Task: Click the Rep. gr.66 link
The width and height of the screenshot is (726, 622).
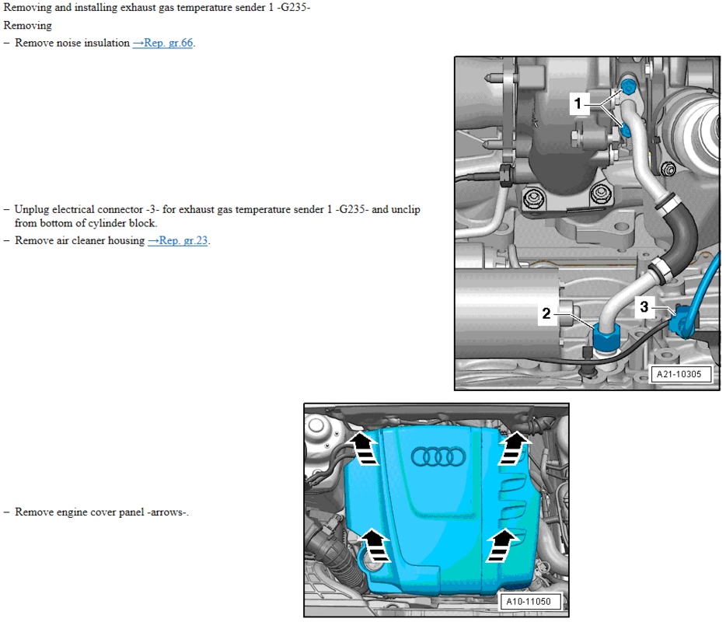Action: tap(162, 43)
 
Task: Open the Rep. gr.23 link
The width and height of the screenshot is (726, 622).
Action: tap(178, 241)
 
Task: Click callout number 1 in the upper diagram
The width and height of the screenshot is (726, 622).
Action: tap(578, 103)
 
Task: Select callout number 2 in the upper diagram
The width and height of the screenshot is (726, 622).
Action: tap(546, 313)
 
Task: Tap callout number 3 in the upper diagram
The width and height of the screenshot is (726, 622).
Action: tap(644, 306)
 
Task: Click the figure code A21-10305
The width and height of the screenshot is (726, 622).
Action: tap(679, 374)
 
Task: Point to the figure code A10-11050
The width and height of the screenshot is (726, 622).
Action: tap(529, 602)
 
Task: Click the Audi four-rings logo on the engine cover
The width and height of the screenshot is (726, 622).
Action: tap(438, 456)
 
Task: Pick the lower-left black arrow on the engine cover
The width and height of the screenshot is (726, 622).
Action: tap(375, 546)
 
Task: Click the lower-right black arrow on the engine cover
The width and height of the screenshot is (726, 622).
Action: tap(502, 546)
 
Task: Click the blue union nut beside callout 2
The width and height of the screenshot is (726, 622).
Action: tap(606, 337)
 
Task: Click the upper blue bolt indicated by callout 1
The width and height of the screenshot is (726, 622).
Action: tap(628, 86)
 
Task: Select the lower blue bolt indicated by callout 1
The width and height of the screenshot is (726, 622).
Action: tap(626, 131)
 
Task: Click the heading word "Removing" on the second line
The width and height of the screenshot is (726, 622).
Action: tap(28, 26)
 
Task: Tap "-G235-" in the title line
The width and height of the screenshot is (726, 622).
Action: tap(294, 8)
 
